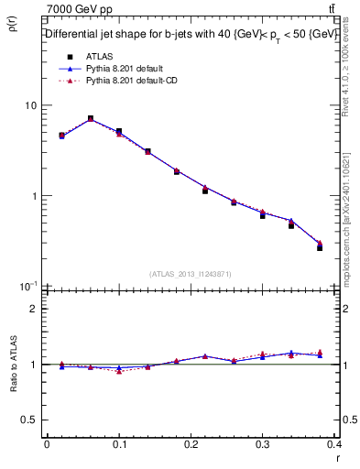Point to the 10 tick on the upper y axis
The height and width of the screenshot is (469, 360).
click(x=30, y=106)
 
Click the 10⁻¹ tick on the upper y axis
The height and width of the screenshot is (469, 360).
click(x=27, y=287)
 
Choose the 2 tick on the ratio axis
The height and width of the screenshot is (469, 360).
click(x=34, y=309)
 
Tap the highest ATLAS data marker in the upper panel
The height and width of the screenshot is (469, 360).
click(x=91, y=118)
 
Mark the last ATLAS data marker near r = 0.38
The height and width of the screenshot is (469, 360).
click(x=320, y=247)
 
